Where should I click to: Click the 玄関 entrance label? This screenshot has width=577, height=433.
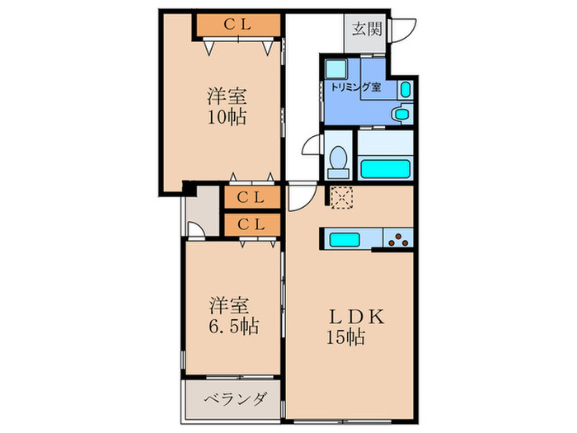(366, 31)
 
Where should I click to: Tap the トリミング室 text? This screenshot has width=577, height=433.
(355, 87)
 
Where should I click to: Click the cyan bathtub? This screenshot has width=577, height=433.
(386, 168)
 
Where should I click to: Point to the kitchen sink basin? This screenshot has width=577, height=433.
(345, 239)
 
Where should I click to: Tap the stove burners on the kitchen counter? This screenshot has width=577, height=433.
(398, 239)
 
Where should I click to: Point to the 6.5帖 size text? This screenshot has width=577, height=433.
(231, 327)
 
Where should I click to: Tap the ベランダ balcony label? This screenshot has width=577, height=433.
(234, 400)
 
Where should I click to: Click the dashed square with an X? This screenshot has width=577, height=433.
(340, 196)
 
